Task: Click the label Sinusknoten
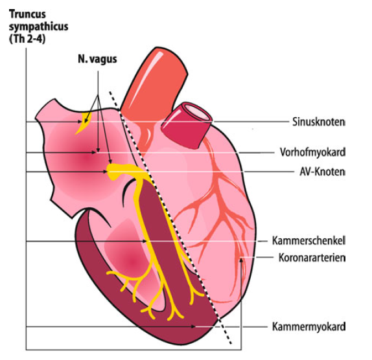pyautogui.click(x=318, y=122)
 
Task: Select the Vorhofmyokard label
pyautogui.click(x=312, y=152)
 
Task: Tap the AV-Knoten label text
pyautogui.click(x=322, y=172)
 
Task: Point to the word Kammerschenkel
pyautogui.click(x=308, y=241)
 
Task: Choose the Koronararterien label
pyautogui.click(x=312, y=258)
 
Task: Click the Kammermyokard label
pyautogui.click(x=308, y=326)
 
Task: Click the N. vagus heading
pyautogui.click(x=97, y=59)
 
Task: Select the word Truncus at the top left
pyautogui.click(x=27, y=14)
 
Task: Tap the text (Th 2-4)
pyautogui.click(x=27, y=39)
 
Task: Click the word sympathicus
pyautogui.click(x=39, y=27)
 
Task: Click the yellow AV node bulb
pyautogui.click(x=113, y=172)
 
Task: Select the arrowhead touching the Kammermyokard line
pyautogui.click(x=193, y=326)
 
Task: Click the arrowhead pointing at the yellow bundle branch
pyautogui.click(x=144, y=241)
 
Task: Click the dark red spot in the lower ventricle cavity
pyautogui.click(x=132, y=262)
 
